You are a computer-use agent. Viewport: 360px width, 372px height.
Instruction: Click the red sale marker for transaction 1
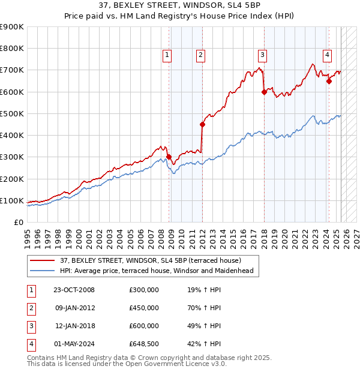169,157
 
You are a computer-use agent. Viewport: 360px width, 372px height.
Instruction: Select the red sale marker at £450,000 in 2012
202,125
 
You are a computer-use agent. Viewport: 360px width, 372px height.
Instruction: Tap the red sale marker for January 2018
264,92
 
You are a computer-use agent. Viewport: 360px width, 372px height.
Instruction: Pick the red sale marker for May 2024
329,82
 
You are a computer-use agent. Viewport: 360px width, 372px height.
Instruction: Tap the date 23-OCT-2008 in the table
74,290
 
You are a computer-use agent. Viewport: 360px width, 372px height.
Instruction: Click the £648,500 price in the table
144,344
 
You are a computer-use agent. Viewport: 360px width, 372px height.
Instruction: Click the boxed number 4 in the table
31,344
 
